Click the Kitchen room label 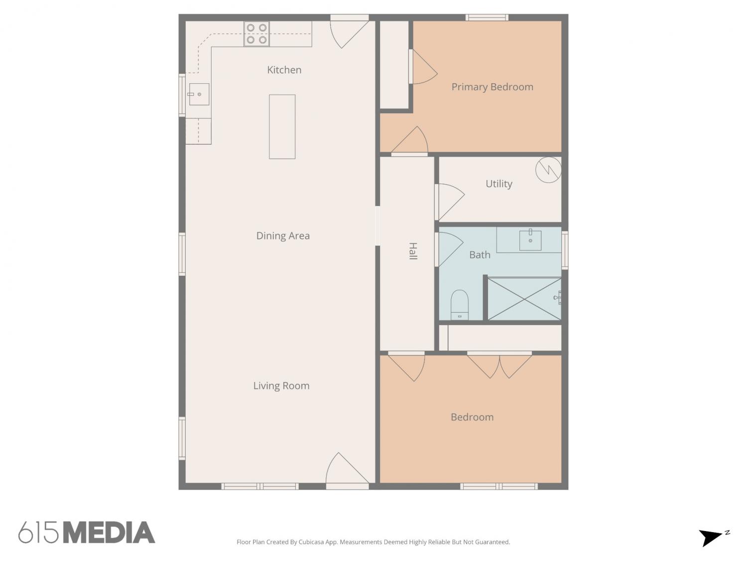tap(284, 70)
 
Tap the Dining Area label tap(283, 236)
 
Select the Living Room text tap(281, 386)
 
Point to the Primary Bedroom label tap(492, 87)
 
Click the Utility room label tap(498, 184)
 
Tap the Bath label tap(480, 255)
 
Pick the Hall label tap(413, 251)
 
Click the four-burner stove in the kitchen tap(256, 34)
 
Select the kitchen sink tap(199, 94)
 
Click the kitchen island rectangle tap(282, 127)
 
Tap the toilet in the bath tap(460, 305)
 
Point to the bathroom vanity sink tap(530, 240)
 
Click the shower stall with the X tap(524, 299)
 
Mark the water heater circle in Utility tap(548, 170)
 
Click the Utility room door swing tap(450, 202)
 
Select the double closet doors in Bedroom tap(499, 366)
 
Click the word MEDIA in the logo tap(109, 532)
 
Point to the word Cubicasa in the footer tap(311, 542)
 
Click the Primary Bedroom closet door tap(423, 67)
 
